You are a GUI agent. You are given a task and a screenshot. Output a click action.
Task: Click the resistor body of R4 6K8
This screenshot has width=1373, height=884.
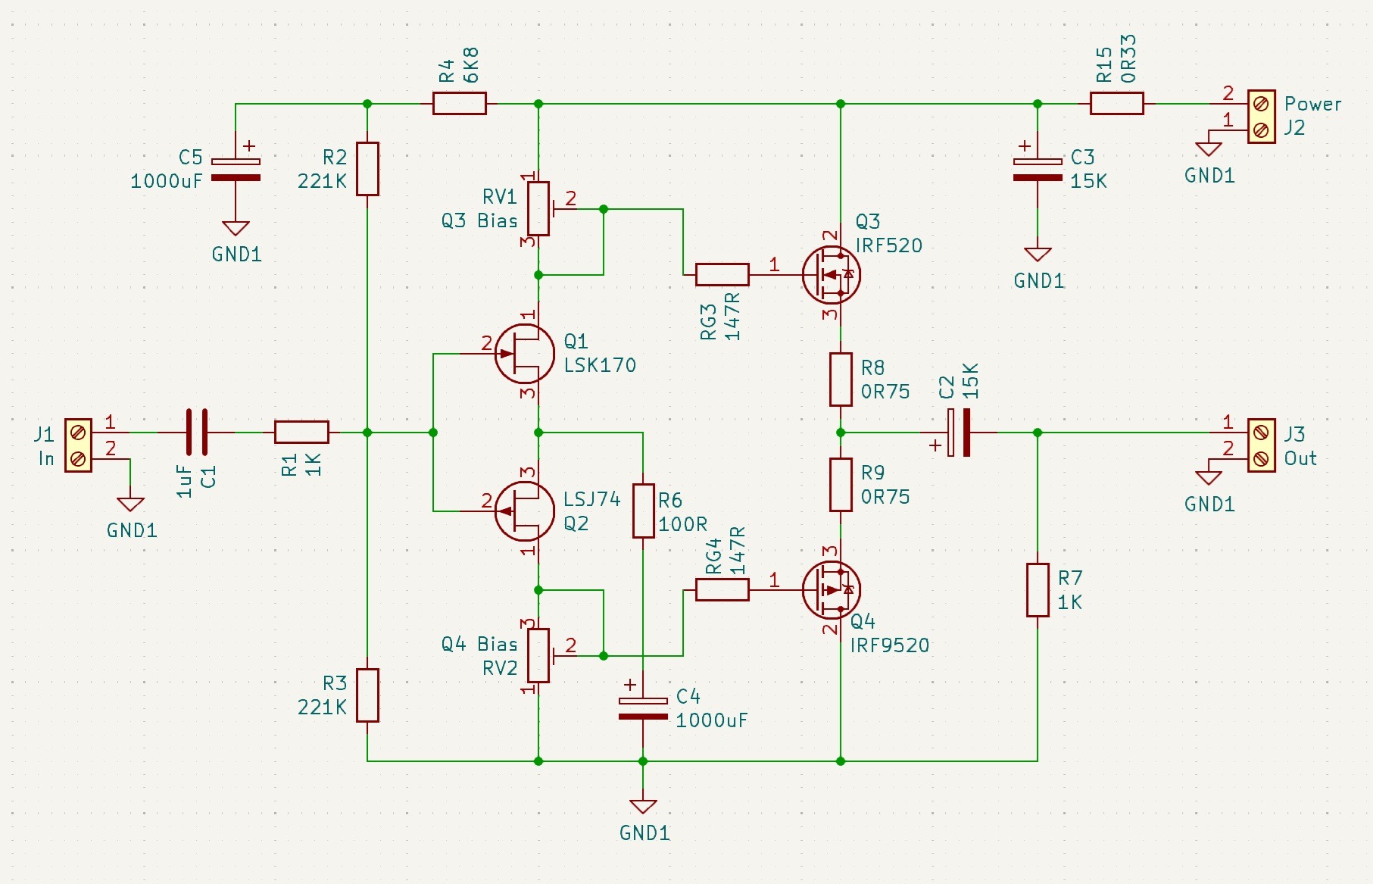click(459, 103)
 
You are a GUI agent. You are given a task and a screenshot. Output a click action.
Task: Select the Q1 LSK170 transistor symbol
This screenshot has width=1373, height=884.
click(524, 353)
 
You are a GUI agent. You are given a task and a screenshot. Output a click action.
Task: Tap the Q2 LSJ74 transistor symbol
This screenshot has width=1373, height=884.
click(524, 511)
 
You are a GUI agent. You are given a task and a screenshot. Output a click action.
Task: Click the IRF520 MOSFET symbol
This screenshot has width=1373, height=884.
click(832, 274)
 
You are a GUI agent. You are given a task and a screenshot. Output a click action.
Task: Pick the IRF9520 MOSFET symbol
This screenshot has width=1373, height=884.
click(832, 589)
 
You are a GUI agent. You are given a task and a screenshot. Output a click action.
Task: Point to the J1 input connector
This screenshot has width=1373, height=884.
click(78, 445)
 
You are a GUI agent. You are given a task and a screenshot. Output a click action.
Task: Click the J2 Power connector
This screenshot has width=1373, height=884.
click(1261, 117)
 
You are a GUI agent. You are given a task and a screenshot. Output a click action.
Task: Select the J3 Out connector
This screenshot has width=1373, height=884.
click(1261, 445)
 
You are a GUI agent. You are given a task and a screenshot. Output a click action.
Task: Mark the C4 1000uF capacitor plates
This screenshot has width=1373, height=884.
click(643, 708)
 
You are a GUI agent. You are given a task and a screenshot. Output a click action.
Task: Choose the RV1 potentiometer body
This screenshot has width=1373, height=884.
click(538, 208)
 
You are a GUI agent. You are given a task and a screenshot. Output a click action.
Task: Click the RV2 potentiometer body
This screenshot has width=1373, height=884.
click(538, 655)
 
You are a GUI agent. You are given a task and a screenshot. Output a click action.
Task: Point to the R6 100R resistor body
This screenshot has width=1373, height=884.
click(643, 511)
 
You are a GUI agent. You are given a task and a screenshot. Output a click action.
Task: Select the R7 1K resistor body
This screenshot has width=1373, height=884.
click(1038, 590)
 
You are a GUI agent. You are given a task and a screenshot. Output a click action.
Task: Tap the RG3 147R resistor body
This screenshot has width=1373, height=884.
click(722, 274)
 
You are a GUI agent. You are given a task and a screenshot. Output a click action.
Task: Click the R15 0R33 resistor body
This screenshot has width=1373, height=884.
click(1116, 103)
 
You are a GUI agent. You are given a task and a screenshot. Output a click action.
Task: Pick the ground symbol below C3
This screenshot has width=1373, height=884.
click(1038, 255)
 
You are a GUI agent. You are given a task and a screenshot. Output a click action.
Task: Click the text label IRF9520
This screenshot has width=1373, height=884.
click(890, 645)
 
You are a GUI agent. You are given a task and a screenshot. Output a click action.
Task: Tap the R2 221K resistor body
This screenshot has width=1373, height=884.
click(367, 169)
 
